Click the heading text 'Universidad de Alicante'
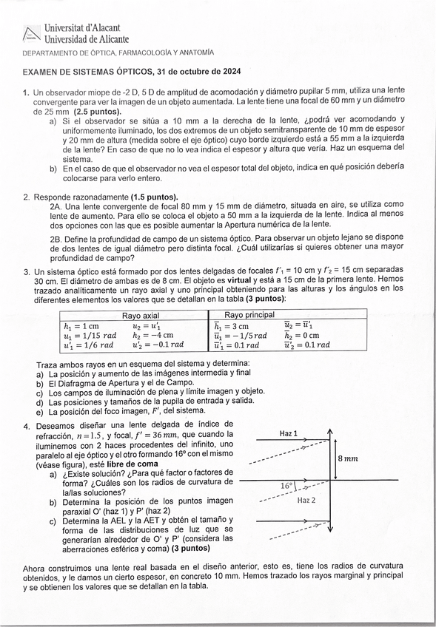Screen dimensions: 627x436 pyautogui.click(x=87, y=39)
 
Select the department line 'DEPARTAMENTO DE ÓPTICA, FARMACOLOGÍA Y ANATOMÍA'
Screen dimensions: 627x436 pyautogui.click(x=118, y=53)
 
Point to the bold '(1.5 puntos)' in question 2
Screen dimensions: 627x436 pyautogui.click(x=154, y=197)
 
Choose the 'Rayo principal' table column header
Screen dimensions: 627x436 pyautogui.click(x=244, y=315)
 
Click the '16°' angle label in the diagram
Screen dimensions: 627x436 pyautogui.click(x=287, y=487)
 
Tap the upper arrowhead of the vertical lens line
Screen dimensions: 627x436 pyautogui.click(x=330, y=433)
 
